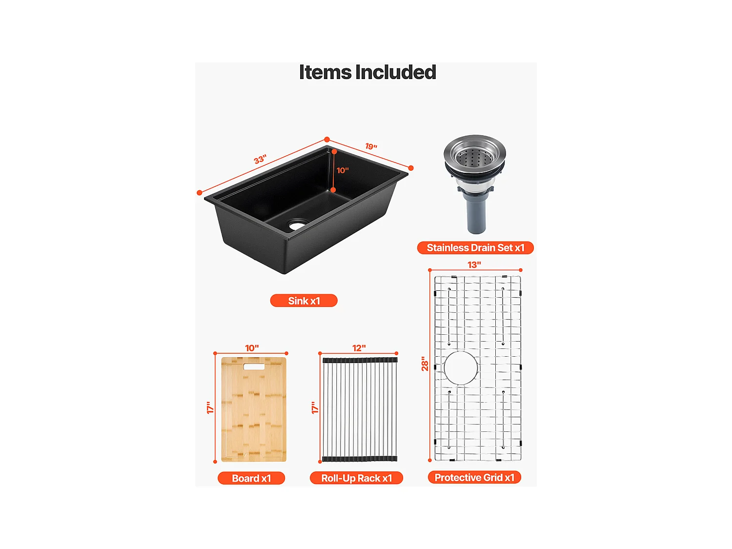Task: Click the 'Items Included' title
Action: [x=367, y=72]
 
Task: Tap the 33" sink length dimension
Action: [x=260, y=160]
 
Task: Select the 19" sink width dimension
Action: [x=371, y=146]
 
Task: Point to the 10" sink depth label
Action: [x=343, y=170]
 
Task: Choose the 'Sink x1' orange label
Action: [x=304, y=301]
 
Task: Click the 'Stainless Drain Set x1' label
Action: [x=475, y=248]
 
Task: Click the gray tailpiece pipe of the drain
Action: [x=476, y=215]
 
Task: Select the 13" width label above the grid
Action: [x=474, y=264]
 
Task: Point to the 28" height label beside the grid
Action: [x=425, y=364]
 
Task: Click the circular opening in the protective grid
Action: [x=461, y=367]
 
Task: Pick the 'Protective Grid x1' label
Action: [x=474, y=477]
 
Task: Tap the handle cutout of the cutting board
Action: [x=254, y=366]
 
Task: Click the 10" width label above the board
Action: [x=252, y=348]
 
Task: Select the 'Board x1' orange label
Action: [x=251, y=478]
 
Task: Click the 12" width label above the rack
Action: [x=359, y=348]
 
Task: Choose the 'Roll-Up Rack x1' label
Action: [x=356, y=478]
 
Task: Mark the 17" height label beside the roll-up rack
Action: [x=315, y=407]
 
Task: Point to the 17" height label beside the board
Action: [x=210, y=407]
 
